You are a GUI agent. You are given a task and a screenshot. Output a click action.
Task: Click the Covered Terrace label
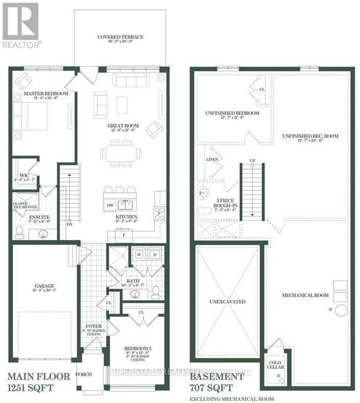pos(120,37)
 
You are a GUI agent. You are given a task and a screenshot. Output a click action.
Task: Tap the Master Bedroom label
pos(46,94)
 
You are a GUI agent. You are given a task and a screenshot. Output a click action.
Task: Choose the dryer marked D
pos(154,255)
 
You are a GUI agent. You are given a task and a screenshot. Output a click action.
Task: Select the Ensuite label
pos(25,211)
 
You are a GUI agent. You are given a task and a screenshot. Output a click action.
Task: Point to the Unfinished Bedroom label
pos(232,113)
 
